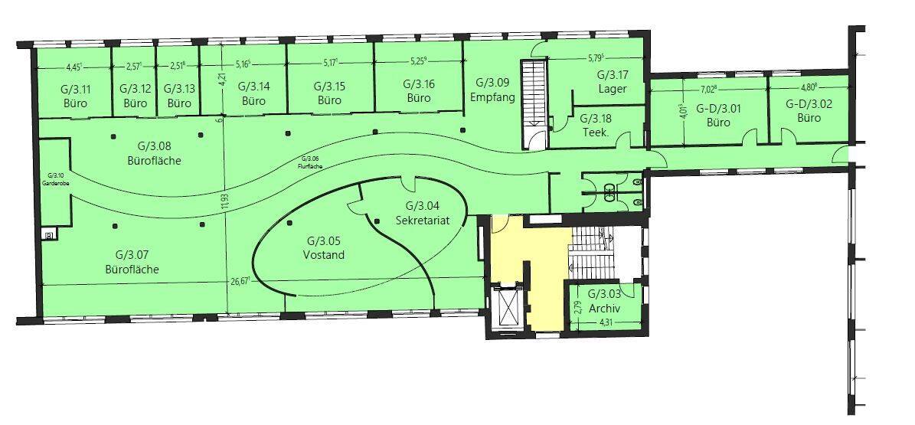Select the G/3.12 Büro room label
[135, 95]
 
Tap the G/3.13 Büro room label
[178, 95]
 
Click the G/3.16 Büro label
[419, 90]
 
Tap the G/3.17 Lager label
[613, 82]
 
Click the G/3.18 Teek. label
[595, 125]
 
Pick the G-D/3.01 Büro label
[718, 114]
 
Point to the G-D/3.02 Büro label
[809, 110]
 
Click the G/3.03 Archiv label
[604, 302]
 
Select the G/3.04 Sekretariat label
[421, 213]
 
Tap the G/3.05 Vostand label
[324, 247]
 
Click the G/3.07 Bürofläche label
[132, 262]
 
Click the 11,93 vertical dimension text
[224, 208]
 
